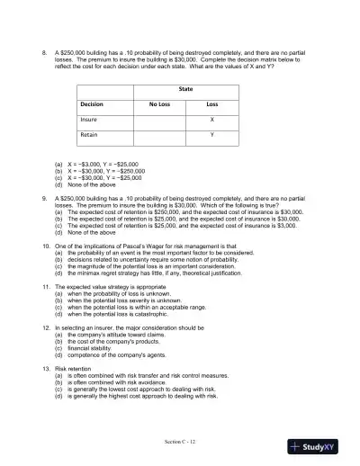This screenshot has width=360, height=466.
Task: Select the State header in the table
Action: click(185, 89)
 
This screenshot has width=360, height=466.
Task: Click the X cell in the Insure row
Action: click(211, 119)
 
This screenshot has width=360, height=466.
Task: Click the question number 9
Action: click(45, 196)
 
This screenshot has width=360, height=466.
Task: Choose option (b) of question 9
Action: click(180, 217)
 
